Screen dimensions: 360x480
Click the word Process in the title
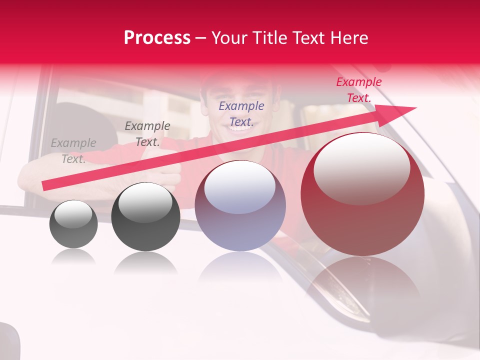(x=157, y=38)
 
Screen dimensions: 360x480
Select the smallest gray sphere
(x=73, y=224)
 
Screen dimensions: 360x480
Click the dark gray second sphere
(x=145, y=217)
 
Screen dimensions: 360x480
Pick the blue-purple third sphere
(x=240, y=206)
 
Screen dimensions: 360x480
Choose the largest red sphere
(x=362, y=194)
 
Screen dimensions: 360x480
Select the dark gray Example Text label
(x=147, y=134)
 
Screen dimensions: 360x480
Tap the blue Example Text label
(x=241, y=113)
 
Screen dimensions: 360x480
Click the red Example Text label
(x=358, y=90)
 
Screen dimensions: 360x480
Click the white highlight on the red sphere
(x=361, y=167)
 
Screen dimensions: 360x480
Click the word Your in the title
(x=228, y=38)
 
